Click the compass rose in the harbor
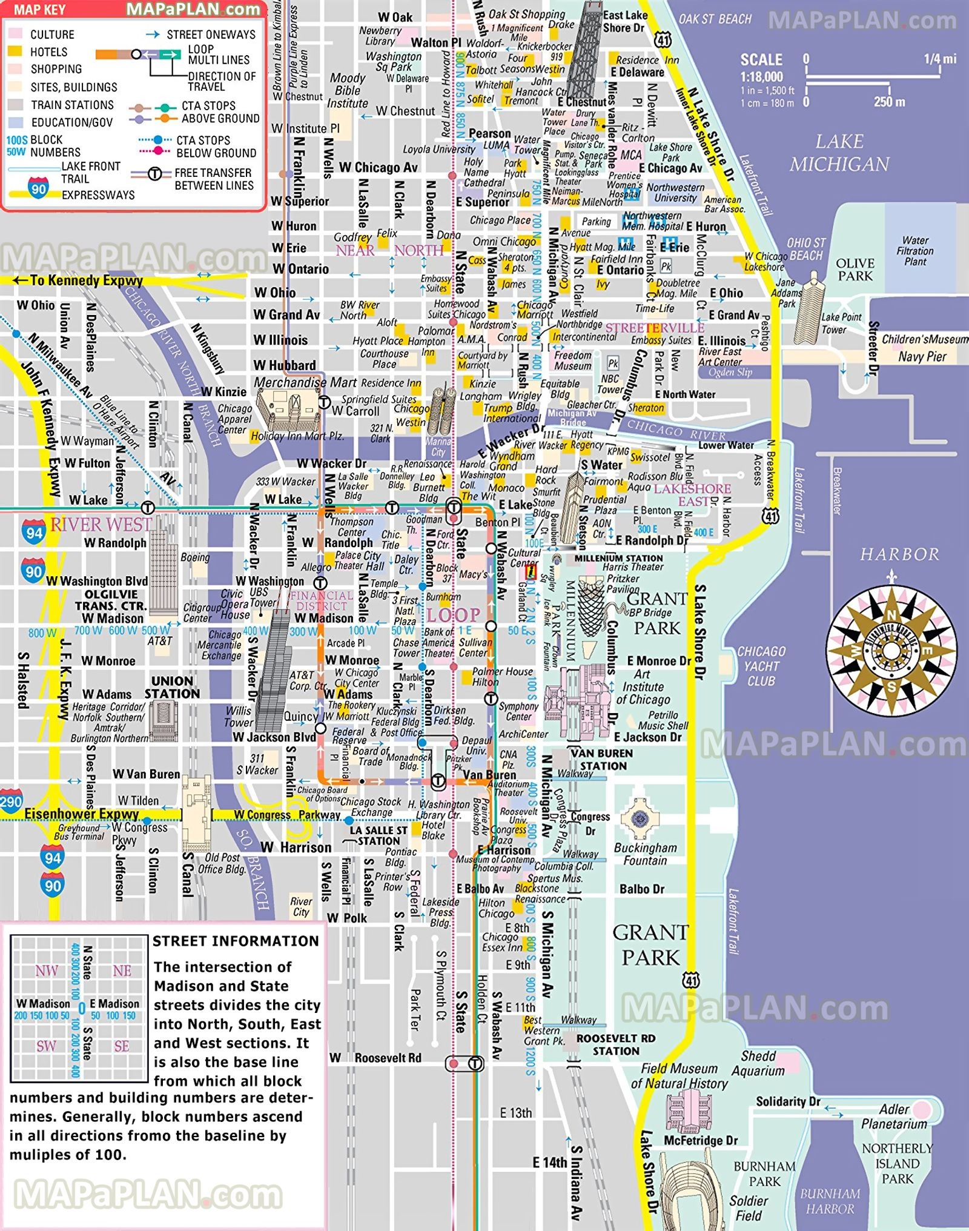tap(891, 651)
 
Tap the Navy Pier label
tap(922, 357)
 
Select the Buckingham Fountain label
tap(645, 854)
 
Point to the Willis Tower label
tap(238, 716)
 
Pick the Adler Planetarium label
tap(894, 1117)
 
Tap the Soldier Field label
tap(749, 1208)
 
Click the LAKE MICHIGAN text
tap(839, 153)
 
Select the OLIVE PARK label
tap(855, 270)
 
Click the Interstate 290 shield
tap(10, 801)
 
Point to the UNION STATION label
tap(172, 688)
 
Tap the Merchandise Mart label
tap(305, 382)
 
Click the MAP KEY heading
tap(39, 10)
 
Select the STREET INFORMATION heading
tap(236, 941)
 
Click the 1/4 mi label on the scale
tap(940, 59)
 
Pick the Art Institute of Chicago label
tap(643, 687)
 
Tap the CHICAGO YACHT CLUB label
tap(761, 666)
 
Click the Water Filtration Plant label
tap(914, 251)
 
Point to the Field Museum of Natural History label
tap(679, 1077)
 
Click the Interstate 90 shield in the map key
tap(38, 188)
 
